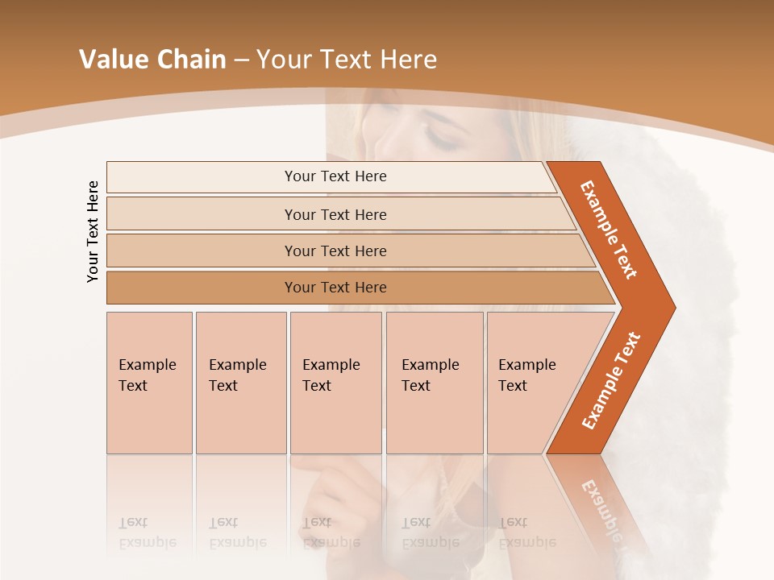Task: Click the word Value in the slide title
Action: point(110,60)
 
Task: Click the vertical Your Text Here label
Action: point(93,231)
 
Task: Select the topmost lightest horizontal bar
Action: point(331,176)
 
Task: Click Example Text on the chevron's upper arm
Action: point(610,230)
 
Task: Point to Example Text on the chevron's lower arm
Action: point(611,381)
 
